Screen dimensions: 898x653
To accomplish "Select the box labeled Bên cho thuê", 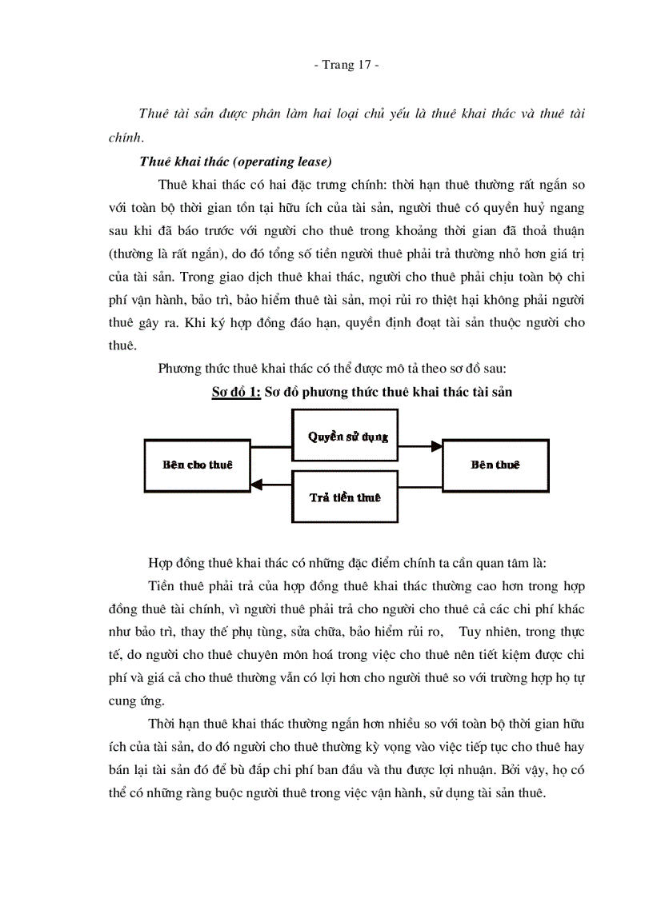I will (197, 465).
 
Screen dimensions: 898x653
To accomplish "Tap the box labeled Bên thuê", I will (495, 465).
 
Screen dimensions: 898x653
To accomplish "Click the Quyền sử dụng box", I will (348, 437).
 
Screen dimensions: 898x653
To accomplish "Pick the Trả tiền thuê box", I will (345, 497).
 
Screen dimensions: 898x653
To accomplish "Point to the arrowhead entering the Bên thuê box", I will (437, 446).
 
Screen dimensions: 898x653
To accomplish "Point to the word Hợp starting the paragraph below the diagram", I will (163, 560).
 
